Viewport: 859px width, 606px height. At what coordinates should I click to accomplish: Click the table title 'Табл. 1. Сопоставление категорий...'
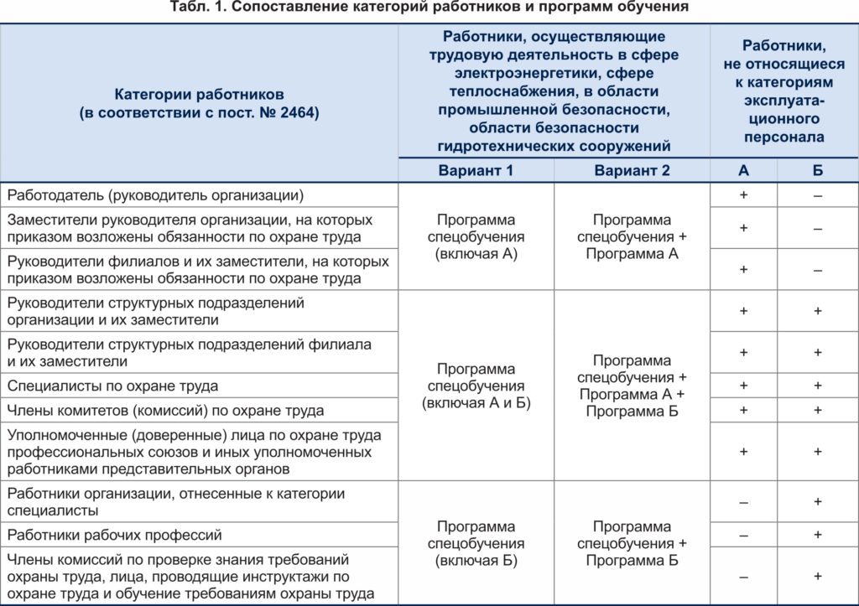428,8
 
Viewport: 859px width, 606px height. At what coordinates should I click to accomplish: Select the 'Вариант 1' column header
476,170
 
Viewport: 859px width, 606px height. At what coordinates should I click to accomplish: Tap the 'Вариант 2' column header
632,170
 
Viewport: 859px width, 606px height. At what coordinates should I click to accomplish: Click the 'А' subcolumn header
743,170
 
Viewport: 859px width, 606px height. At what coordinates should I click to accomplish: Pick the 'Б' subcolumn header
817,170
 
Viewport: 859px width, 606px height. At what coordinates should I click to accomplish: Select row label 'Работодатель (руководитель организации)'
155,195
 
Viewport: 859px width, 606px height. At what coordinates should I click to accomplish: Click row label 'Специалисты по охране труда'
112,386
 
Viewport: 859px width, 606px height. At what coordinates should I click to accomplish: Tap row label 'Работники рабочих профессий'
115,534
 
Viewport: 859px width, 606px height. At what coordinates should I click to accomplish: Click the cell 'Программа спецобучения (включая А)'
476,237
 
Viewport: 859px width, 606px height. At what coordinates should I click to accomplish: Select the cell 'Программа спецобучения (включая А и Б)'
476,386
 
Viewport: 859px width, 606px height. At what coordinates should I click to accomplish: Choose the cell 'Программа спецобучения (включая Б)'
476,543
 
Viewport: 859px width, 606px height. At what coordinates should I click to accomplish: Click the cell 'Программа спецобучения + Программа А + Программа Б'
632,386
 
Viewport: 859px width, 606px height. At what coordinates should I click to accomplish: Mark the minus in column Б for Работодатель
817,195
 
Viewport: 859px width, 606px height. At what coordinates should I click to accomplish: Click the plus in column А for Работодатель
743,195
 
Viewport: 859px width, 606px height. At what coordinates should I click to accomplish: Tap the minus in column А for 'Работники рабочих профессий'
743,534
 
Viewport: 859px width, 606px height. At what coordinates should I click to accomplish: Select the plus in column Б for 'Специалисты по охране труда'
817,386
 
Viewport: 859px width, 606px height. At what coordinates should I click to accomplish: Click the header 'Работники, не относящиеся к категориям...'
784,91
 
